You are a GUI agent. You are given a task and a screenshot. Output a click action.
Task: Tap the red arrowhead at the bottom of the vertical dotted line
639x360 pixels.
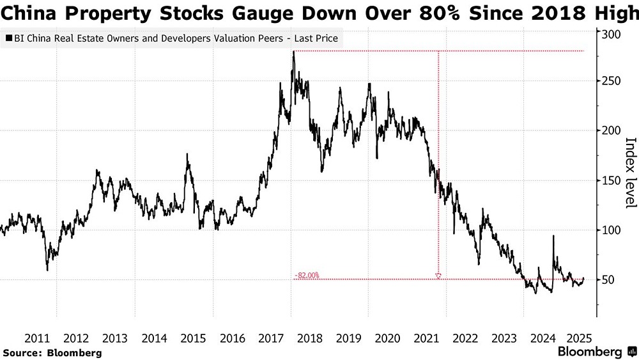(438, 276)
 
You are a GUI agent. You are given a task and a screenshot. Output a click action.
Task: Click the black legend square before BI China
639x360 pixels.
(8, 38)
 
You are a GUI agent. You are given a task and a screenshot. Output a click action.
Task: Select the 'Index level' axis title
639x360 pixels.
(629, 173)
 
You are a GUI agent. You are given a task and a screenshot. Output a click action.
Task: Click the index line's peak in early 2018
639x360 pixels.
(293, 52)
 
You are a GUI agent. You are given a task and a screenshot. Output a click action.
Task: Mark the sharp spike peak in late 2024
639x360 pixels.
(553, 237)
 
